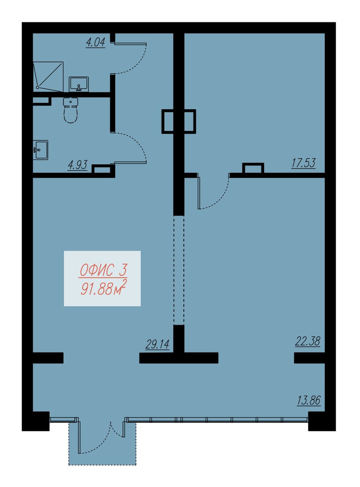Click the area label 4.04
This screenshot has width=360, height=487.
point(95,42)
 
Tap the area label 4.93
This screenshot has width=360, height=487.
point(78,165)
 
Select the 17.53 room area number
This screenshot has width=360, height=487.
point(303,163)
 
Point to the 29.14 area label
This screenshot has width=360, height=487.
point(157,344)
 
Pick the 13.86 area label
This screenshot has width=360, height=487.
point(309,400)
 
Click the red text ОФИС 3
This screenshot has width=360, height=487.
point(103,271)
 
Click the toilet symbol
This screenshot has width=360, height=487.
point(71,110)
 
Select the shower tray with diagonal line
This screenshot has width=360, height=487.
point(48,77)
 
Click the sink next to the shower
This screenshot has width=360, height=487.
point(79,84)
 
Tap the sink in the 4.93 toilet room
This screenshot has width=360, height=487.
point(41,150)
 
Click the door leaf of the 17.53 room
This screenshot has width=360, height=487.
point(198,192)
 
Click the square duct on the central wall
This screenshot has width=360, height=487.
point(179,121)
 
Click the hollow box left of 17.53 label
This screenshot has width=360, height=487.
point(253,168)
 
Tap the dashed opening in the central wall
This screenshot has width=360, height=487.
point(179,270)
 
